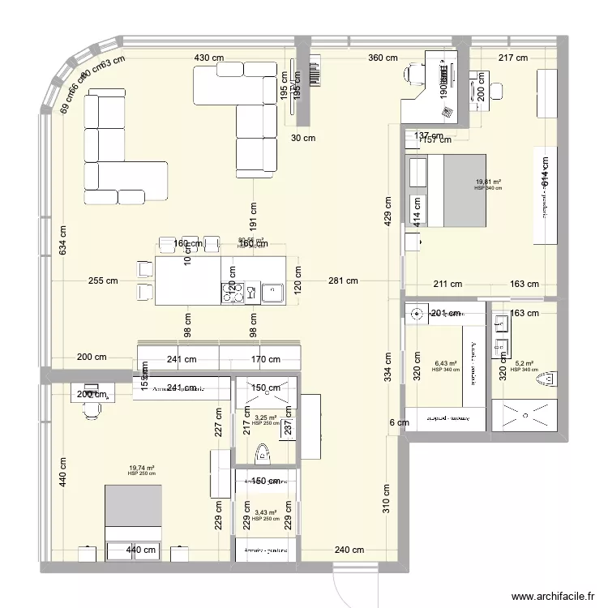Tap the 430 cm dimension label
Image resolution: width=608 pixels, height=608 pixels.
[208, 58]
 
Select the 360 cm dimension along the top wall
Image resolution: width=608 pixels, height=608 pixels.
[383, 58]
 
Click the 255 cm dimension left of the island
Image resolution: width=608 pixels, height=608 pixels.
[104, 281]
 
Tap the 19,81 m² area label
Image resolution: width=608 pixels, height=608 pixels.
[488, 182]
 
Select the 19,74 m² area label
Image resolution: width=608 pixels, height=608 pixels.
[141, 468]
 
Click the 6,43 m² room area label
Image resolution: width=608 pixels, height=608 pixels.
[446, 364]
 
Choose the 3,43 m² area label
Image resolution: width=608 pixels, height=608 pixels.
[265, 512]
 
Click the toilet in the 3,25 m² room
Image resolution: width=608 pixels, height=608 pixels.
[261, 455]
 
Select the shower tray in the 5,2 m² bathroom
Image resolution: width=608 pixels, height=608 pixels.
[527, 416]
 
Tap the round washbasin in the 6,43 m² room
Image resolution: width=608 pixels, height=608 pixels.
[418, 313]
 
